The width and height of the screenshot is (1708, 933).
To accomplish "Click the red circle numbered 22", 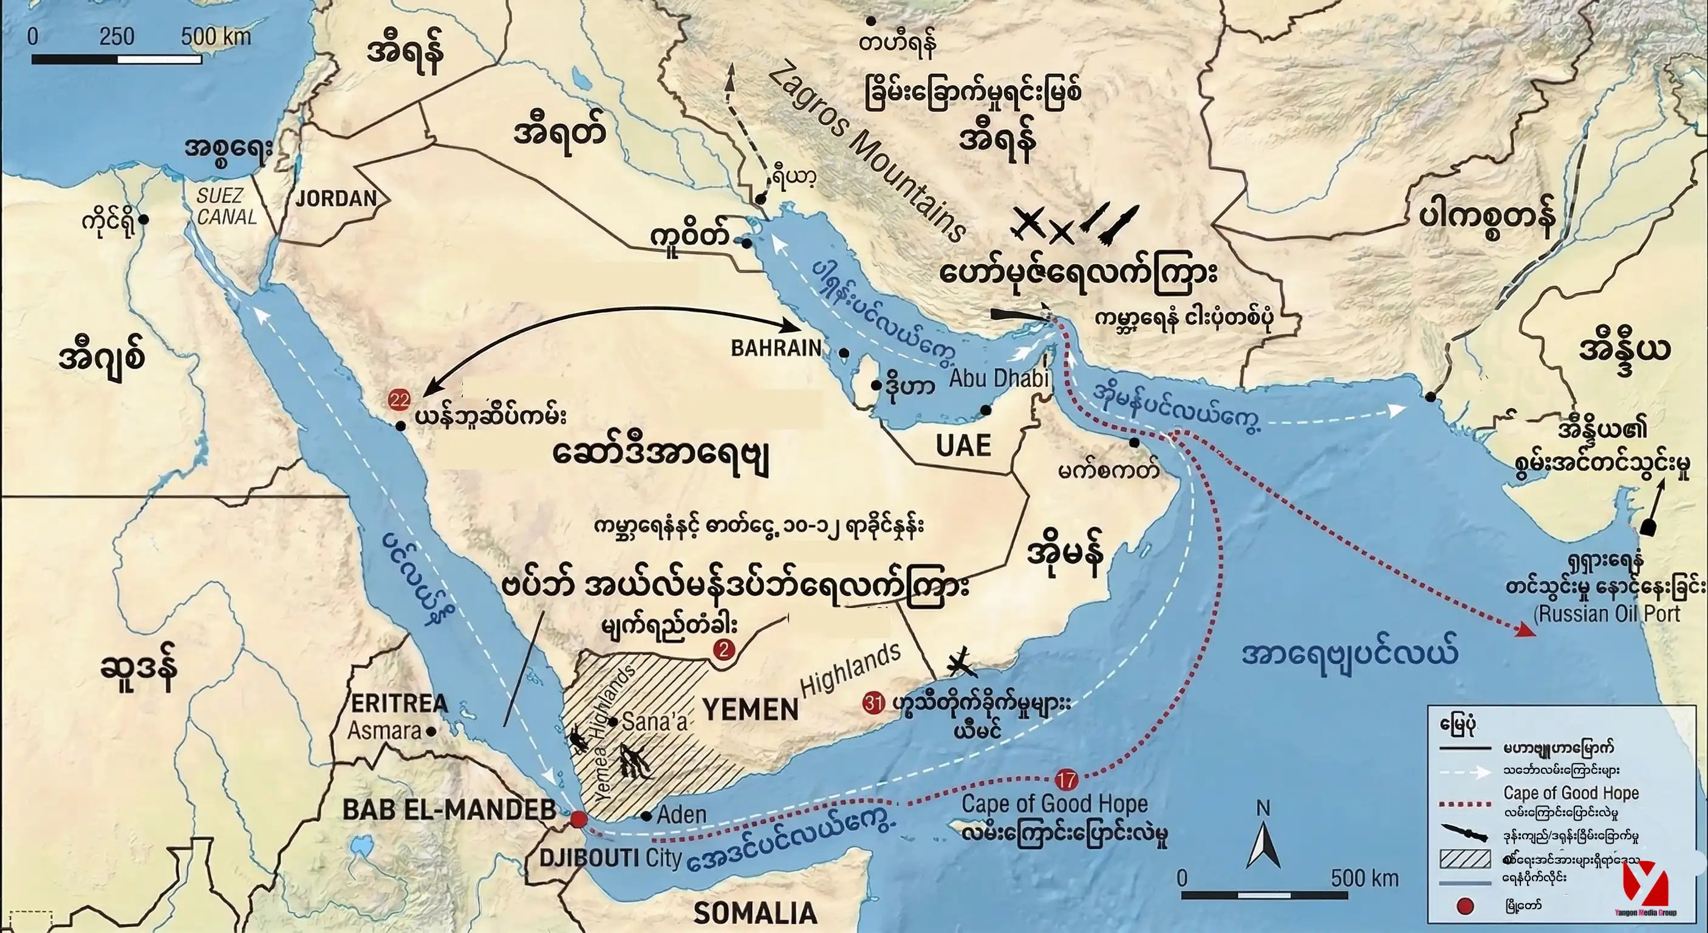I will coord(400,400).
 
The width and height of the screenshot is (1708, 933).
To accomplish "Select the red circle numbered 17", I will coord(1066,780).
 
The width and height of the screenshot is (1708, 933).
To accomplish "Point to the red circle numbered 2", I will coord(723,650).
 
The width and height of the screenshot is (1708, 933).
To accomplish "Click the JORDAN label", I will coord(336,197).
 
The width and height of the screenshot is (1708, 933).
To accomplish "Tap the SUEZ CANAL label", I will coord(227,207).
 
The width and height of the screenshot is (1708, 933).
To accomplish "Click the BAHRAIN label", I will coord(776,348).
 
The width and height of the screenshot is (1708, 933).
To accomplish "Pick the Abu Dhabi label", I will coord(999,378).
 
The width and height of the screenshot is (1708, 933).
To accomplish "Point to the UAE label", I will coord(963,446).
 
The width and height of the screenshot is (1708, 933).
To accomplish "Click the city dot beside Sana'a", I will coord(615,722).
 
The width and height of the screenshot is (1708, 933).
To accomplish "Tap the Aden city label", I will coord(681,815).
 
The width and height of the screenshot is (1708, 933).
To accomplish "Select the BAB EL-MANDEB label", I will coord(449,810).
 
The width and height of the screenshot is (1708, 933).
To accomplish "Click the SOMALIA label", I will coord(755,913).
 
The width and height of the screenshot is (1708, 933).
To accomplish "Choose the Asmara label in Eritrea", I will coord(384,731).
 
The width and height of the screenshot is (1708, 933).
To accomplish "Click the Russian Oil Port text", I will coord(1607,613).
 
